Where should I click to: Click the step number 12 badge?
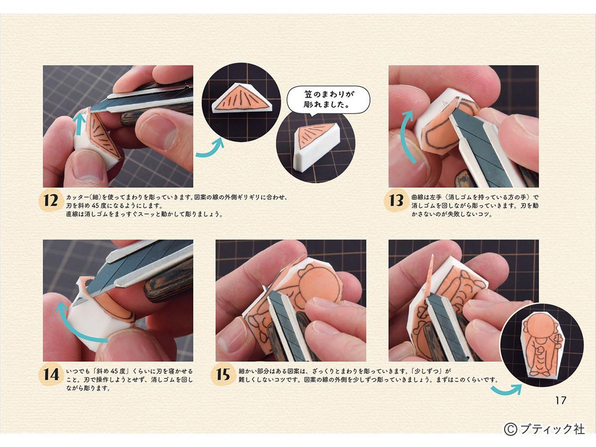(51, 201)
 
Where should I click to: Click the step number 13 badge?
(396, 201)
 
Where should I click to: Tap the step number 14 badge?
(51, 374)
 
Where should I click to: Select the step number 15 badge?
(223, 374)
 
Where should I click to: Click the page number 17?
(561, 401)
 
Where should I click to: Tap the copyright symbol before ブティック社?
(511, 429)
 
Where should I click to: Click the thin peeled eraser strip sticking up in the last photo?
(429, 274)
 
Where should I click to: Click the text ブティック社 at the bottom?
(552, 429)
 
